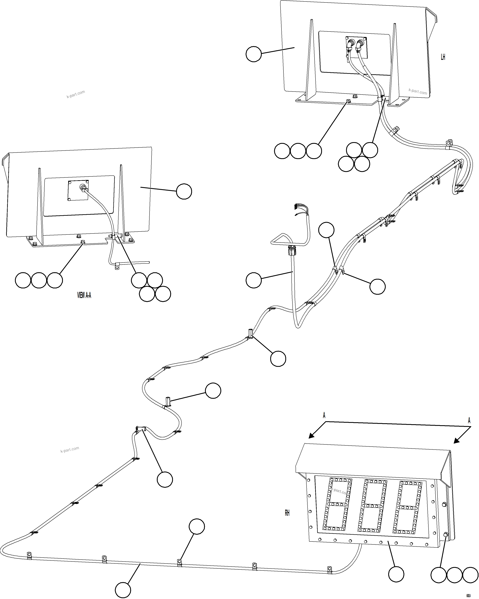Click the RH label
(287, 513)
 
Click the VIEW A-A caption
(84, 295)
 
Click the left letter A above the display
(324, 416)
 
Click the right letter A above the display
(469, 420)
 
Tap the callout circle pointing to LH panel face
(254, 54)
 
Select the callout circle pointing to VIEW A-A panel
(184, 191)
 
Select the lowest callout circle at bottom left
(123, 590)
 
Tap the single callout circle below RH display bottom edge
(396, 574)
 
